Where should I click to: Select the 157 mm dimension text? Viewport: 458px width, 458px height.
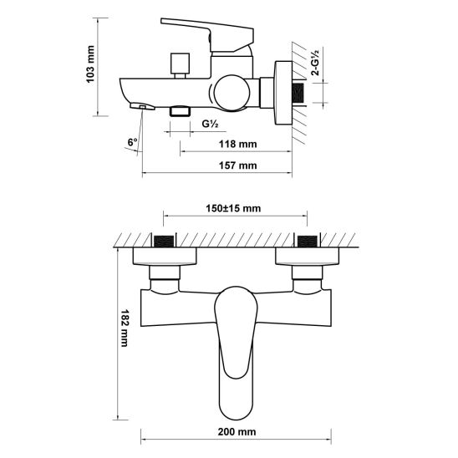[237, 166]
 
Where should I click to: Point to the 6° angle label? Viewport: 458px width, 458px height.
[132, 142]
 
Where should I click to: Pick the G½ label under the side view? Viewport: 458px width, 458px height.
[211, 124]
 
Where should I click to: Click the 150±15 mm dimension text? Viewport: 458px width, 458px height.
[234, 208]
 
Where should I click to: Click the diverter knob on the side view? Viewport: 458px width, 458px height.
[177, 63]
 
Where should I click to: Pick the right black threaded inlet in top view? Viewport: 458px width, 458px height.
[307, 242]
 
